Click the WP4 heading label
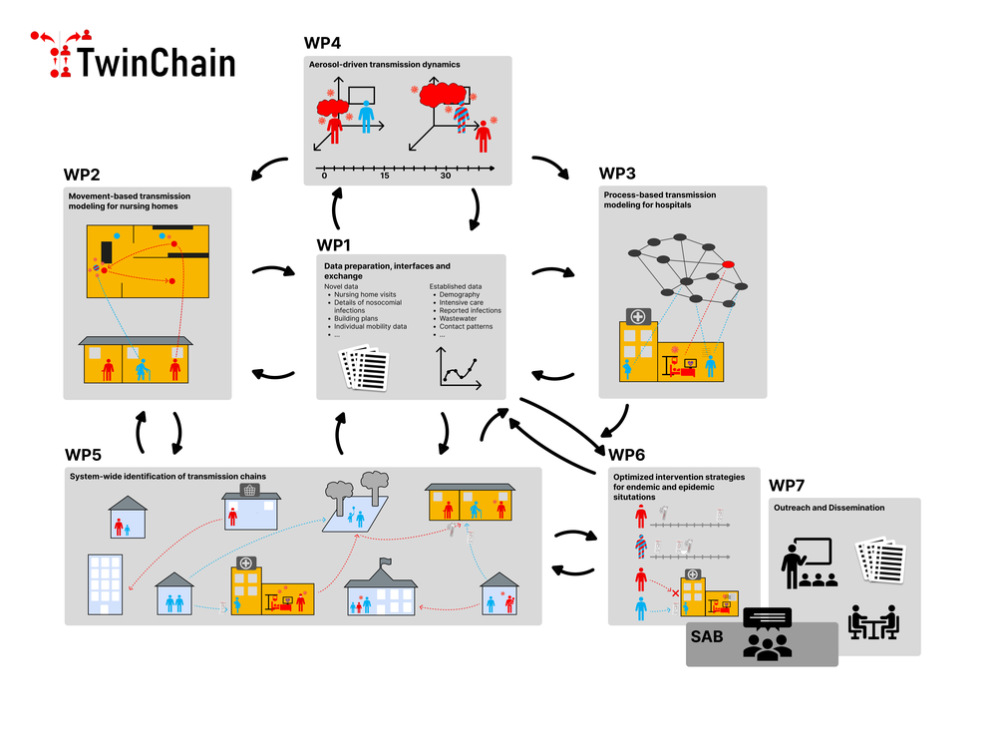(x=324, y=43)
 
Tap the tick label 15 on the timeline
(x=385, y=176)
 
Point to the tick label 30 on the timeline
(x=446, y=176)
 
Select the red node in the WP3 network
(x=729, y=263)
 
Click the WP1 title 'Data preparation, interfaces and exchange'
(x=387, y=271)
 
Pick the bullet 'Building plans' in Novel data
(x=357, y=318)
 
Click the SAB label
(x=707, y=635)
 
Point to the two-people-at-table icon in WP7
(x=873, y=621)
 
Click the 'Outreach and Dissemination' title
(x=829, y=508)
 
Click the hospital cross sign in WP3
(x=636, y=316)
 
